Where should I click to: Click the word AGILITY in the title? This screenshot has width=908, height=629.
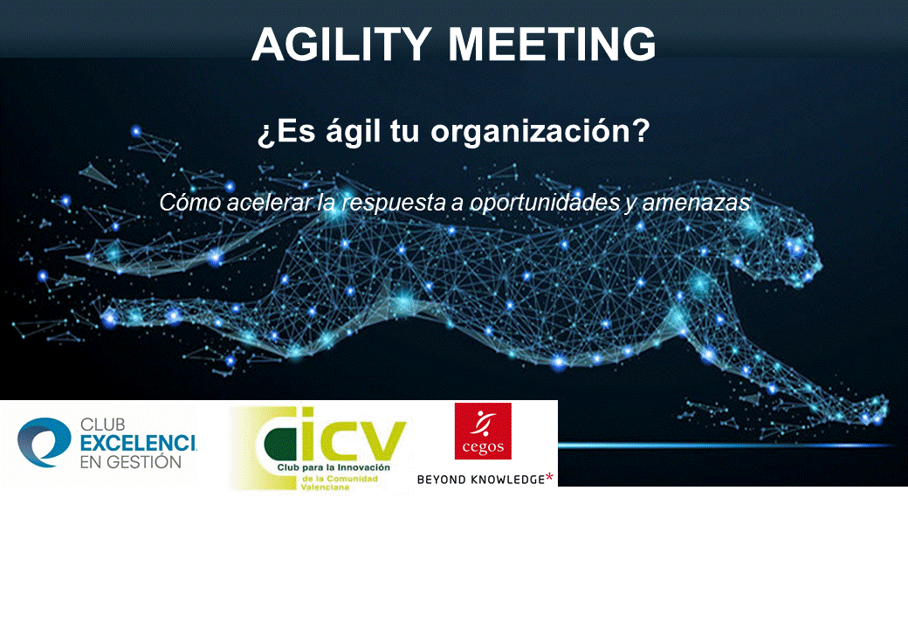[x=341, y=44]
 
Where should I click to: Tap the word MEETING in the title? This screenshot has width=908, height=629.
[x=552, y=44]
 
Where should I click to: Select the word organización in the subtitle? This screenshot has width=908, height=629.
[x=540, y=132]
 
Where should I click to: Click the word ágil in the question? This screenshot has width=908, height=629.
[x=354, y=131]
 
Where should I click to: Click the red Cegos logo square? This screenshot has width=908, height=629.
[x=483, y=431]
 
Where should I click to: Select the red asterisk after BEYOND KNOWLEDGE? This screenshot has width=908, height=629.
[x=549, y=478]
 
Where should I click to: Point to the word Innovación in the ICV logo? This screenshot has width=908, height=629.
[x=365, y=467]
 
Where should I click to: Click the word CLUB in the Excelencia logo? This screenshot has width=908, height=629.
[x=102, y=425]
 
